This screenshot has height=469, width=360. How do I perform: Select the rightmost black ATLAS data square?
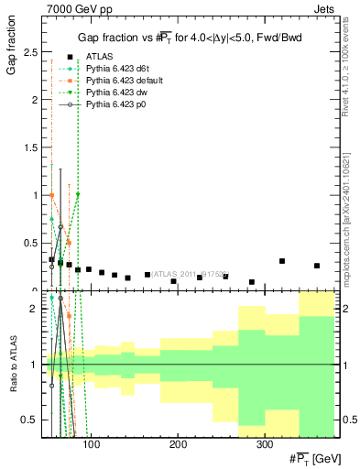[x=317, y=266]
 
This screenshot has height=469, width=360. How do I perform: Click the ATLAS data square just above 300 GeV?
[x=282, y=261]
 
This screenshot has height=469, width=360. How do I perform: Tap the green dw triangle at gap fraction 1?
[x=78, y=194]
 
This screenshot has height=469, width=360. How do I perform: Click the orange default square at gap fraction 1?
[x=51, y=195]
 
